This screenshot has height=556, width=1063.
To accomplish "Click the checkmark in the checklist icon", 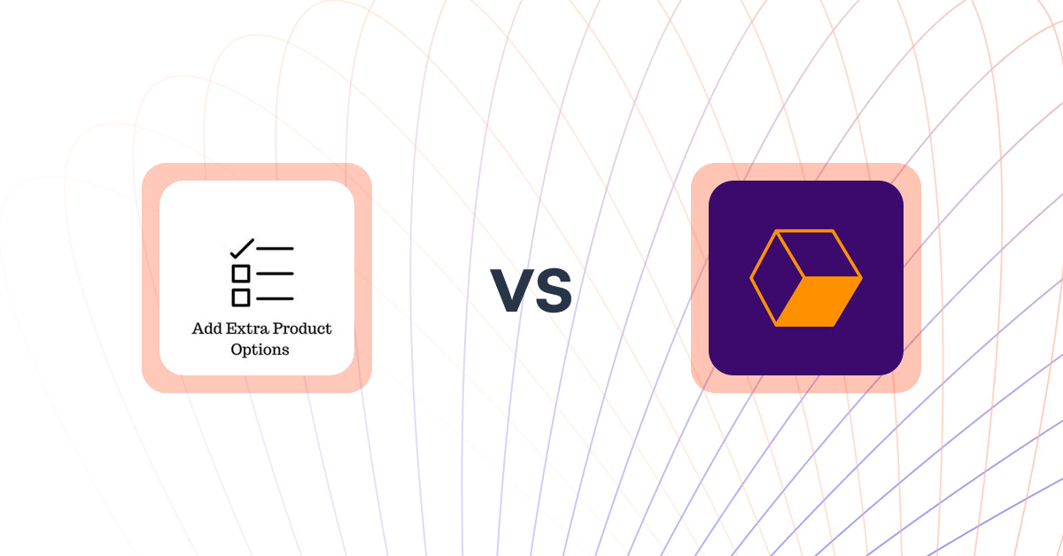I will (x=242, y=248).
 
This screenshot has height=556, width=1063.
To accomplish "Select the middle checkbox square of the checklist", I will (x=240, y=274).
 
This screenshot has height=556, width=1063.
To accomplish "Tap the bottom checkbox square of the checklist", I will (x=240, y=297).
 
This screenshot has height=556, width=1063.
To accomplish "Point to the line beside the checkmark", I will (x=275, y=249).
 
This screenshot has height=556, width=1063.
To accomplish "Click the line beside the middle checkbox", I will (x=275, y=274).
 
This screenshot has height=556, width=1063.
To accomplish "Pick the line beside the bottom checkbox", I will (x=275, y=298).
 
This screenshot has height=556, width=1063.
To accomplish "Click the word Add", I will (x=205, y=328).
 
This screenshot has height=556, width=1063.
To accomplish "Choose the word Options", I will (x=260, y=350).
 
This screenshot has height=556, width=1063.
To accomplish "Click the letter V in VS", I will (x=511, y=291).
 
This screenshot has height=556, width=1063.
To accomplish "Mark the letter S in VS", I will (x=553, y=291).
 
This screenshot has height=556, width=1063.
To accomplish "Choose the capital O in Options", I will (x=237, y=350).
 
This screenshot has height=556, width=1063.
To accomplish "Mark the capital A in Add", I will (x=198, y=328).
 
